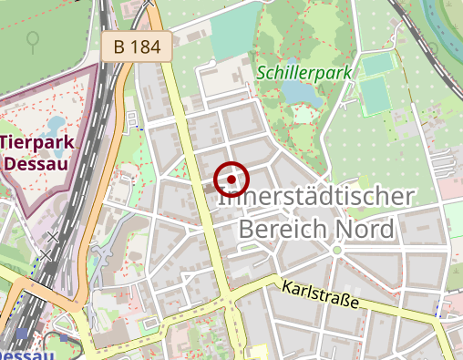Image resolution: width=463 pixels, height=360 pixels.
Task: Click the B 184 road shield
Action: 137,46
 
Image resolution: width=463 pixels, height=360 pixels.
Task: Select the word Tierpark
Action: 37,143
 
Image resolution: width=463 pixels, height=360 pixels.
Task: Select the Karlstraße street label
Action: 321,293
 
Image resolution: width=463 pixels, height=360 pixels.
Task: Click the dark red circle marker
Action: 231,180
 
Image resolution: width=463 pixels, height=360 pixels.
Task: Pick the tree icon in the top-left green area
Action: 33,41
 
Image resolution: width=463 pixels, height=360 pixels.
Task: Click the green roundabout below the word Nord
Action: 336,250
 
